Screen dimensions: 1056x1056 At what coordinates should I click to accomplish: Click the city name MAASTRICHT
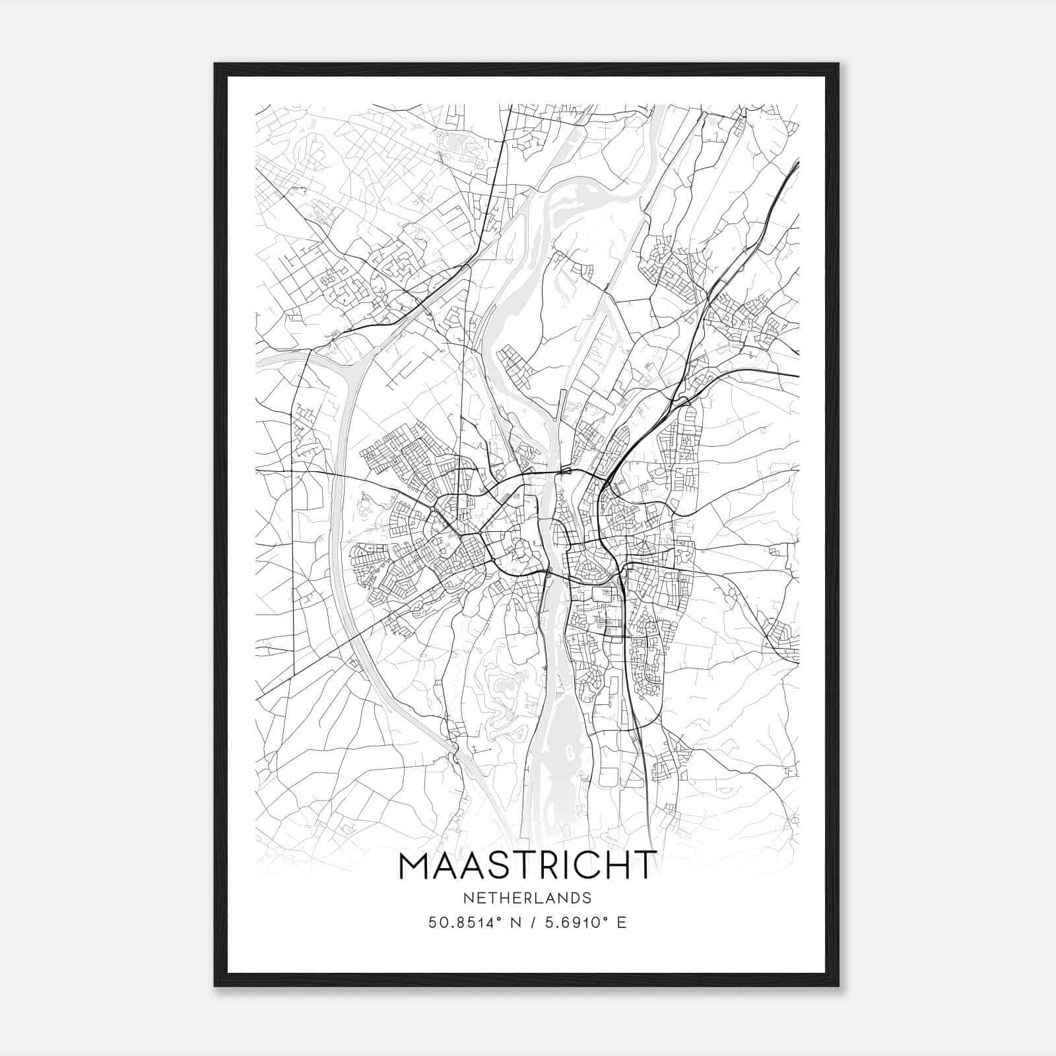pos(527,866)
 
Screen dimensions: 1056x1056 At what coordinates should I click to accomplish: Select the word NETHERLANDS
pos(527,898)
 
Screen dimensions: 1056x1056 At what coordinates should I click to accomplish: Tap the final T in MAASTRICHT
pos(645,866)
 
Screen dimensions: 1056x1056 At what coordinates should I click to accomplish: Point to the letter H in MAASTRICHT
pos(616,866)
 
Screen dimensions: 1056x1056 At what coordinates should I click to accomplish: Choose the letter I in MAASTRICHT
pos(564,866)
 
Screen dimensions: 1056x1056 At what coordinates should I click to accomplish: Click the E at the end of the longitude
pos(621,923)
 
